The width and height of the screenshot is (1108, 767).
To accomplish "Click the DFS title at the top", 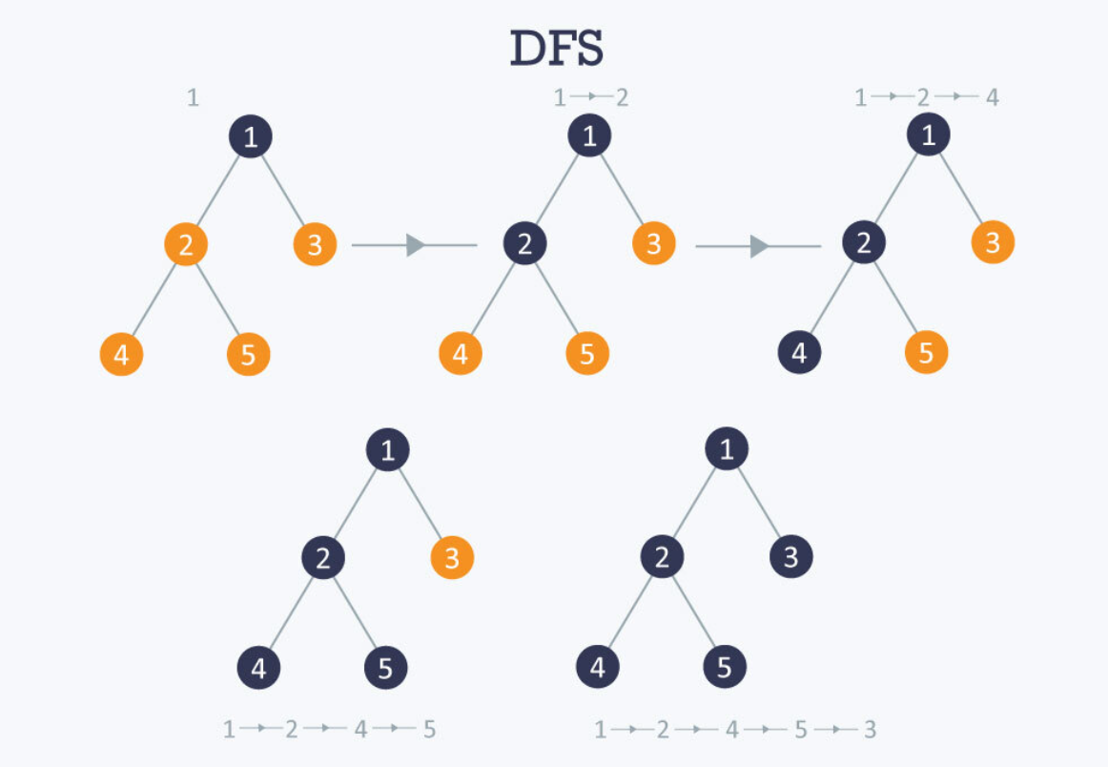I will [x=557, y=49].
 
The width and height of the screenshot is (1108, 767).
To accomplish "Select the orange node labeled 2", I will [x=186, y=245].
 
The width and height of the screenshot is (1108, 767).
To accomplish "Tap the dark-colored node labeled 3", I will [x=790, y=557].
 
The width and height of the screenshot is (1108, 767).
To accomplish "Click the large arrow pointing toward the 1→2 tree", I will [x=415, y=245].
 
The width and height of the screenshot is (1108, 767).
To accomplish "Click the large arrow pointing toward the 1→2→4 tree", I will [x=758, y=246].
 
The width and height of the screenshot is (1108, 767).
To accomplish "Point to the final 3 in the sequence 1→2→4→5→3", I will [x=870, y=731].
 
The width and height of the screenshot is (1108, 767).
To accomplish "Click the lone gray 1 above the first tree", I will [x=193, y=97].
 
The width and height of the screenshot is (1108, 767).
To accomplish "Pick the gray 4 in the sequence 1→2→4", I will [x=992, y=97].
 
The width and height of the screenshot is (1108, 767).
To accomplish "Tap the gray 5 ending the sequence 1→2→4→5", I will [x=429, y=731].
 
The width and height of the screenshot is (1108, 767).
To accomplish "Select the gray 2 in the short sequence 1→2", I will [x=622, y=97].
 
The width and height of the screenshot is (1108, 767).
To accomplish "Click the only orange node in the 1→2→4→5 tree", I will [x=452, y=558].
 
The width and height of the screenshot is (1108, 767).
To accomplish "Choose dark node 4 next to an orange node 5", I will [x=799, y=354].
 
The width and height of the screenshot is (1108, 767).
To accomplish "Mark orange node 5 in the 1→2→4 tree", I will [x=926, y=354].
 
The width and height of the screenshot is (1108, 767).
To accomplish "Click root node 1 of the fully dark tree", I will [x=727, y=449].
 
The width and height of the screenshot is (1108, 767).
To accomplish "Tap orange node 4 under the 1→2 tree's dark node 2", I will [x=461, y=354].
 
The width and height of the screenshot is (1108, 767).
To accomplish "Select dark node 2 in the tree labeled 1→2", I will [x=524, y=245].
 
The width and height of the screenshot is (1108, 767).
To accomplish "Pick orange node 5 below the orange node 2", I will [x=248, y=355].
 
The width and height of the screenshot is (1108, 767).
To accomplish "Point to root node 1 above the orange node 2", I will [x=250, y=138].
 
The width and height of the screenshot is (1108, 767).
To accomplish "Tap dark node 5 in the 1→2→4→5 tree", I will [x=385, y=668].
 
